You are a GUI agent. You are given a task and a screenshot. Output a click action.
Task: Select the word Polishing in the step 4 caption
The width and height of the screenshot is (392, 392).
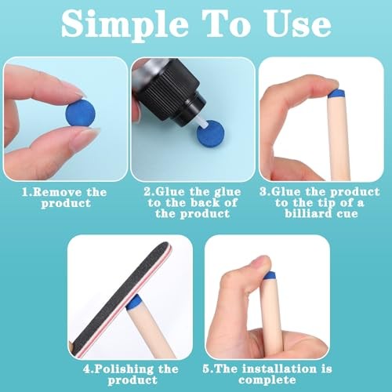[x=128, y=368]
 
